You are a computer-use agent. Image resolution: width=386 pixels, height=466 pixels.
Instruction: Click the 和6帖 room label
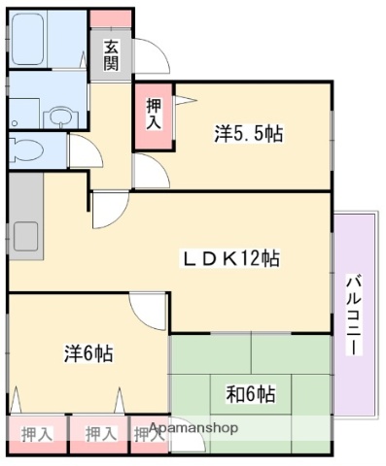click(250, 393)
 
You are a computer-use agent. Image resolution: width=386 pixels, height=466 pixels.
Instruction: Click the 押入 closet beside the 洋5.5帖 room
click(154, 115)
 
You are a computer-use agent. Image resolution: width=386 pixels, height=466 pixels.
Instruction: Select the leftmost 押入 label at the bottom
click(36, 432)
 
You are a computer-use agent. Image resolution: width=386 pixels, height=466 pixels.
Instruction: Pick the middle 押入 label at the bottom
click(98, 432)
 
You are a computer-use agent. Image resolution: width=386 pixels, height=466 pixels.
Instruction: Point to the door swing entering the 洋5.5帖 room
click(150, 170)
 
